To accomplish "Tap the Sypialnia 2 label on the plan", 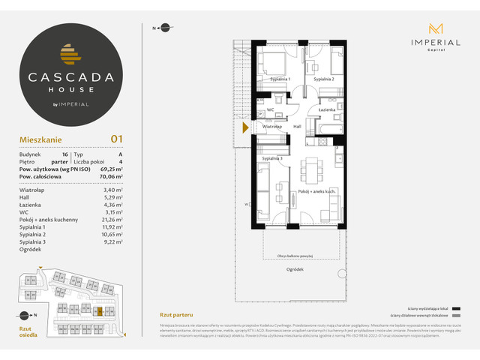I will (323, 79).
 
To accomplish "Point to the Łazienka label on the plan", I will (325, 110).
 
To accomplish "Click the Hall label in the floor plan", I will (297, 127).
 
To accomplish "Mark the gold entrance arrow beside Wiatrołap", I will (245, 128).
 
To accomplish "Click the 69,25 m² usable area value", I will (111, 172).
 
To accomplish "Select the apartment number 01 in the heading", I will (116, 138).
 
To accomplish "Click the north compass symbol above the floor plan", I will (158, 28).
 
